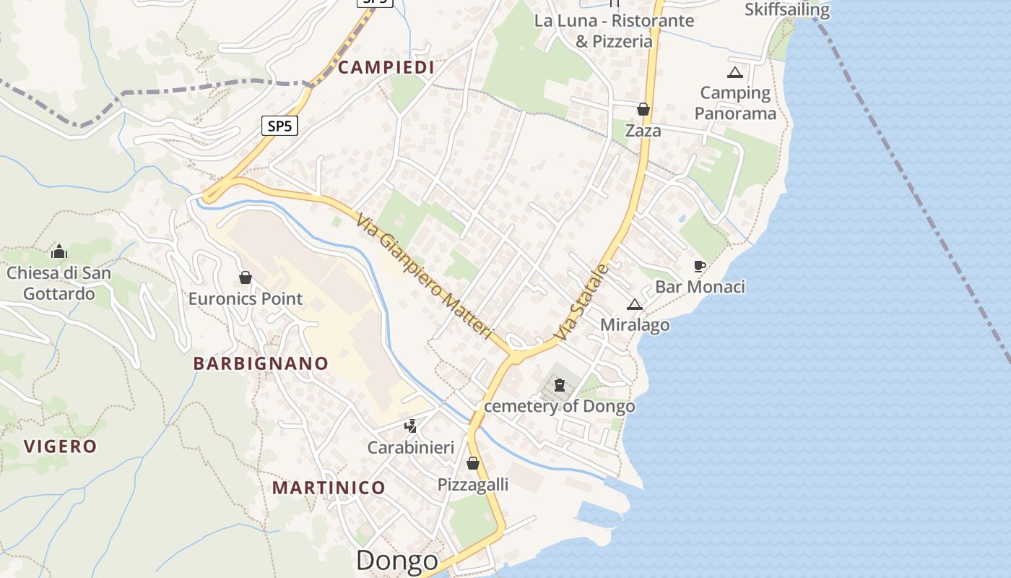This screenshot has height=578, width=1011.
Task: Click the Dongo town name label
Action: [397, 561]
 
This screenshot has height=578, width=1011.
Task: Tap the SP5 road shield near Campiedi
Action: [279, 126]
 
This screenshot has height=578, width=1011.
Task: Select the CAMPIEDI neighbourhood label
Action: [386, 68]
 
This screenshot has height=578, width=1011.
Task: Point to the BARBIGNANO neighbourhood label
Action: [261, 363]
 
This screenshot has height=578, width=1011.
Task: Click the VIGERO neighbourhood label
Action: [61, 446]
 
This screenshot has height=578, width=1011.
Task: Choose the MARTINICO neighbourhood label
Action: [329, 488]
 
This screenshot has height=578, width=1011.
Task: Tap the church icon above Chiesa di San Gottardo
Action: [59, 251]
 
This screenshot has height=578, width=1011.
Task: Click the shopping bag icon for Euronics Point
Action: [246, 277]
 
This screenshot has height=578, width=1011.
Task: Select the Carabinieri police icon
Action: [411, 426]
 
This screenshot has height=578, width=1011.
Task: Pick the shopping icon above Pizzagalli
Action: [473, 463]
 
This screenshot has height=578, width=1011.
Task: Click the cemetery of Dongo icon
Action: [560, 385]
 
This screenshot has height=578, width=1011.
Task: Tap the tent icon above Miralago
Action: [635, 304]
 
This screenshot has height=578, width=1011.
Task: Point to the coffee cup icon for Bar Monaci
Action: [699, 266]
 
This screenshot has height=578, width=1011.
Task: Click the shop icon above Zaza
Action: [643, 109]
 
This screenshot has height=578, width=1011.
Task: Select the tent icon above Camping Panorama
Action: [735, 72]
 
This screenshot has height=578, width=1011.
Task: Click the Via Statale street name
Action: [583, 303]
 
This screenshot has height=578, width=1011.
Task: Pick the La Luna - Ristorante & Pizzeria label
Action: [614, 30]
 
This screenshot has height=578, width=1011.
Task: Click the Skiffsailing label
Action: [787, 10]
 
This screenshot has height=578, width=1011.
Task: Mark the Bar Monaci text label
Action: [700, 287]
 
